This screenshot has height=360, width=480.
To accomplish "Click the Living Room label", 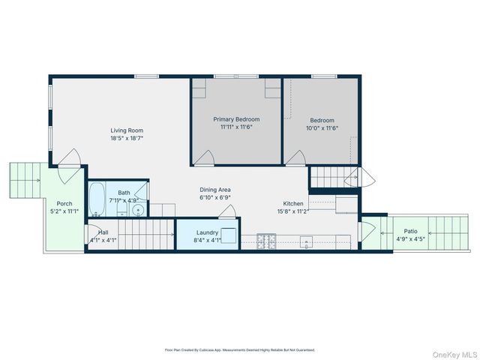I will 127,130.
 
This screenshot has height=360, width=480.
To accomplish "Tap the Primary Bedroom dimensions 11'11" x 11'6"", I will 236,127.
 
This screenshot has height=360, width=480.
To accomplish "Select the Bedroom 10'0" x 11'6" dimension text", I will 322,128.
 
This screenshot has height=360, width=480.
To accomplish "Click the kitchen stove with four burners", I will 266,241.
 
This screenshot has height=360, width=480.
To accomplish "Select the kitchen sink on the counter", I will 306,241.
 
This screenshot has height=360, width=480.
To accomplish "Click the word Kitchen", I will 293,204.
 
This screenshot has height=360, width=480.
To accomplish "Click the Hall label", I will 103,232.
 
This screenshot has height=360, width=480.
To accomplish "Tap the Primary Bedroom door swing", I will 205,157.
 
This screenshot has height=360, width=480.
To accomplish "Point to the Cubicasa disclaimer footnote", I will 240,349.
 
